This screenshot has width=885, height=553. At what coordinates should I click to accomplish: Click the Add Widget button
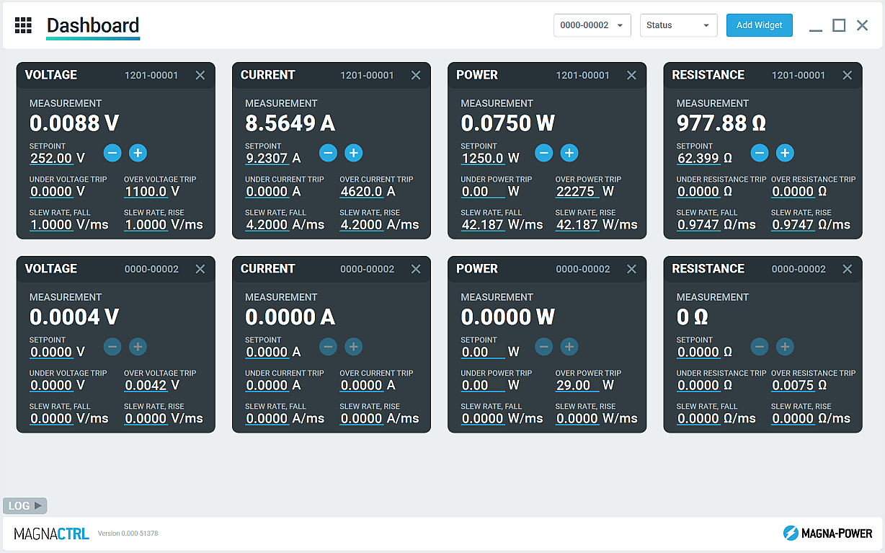(759, 25)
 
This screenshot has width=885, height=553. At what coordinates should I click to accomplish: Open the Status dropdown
(678, 25)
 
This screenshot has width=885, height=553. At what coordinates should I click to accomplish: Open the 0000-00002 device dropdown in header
(592, 25)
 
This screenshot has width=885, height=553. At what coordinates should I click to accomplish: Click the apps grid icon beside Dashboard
(23, 25)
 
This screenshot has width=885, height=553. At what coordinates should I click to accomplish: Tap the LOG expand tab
(25, 505)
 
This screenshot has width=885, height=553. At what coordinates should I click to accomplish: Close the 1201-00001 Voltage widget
(200, 75)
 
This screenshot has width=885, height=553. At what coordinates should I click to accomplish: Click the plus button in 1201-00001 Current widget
(353, 153)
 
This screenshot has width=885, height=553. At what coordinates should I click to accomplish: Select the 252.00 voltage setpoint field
(51, 159)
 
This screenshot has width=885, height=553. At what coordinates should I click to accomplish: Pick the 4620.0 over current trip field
(361, 192)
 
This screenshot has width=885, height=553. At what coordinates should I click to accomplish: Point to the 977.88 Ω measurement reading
(721, 123)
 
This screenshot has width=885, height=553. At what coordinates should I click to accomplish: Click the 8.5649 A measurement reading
(290, 123)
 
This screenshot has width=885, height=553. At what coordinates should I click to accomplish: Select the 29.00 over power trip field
(574, 386)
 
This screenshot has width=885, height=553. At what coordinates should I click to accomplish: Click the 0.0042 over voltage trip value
(146, 386)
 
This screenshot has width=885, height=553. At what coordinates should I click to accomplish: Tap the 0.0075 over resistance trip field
(793, 386)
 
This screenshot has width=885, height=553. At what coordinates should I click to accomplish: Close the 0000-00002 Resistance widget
(848, 269)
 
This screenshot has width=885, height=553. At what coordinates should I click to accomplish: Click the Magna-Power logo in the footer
(827, 534)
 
